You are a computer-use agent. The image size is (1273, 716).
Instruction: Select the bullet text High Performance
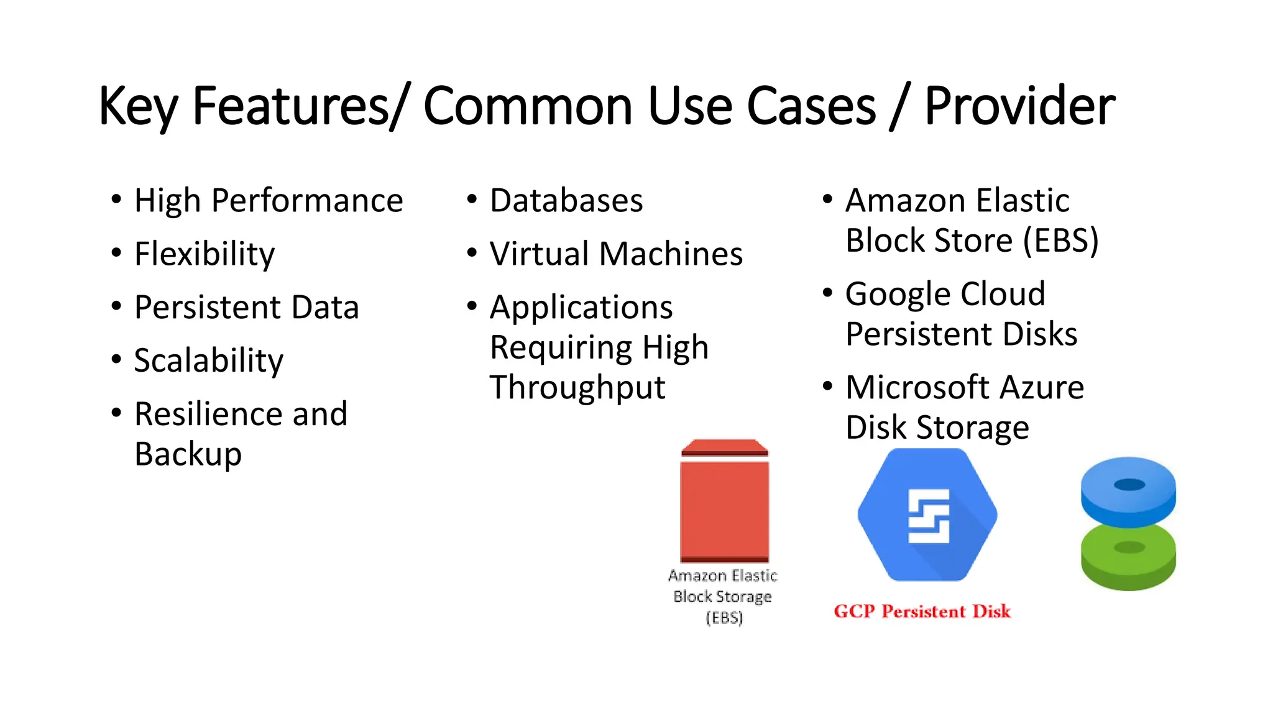click(269, 201)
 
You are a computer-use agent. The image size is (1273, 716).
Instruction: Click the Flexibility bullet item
click(205, 254)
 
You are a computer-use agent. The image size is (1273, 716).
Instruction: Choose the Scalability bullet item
click(209, 361)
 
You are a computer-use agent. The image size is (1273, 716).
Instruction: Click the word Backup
click(188, 454)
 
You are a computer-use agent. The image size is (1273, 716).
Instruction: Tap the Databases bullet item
click(566, 201)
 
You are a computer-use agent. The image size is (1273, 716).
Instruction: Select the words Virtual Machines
click(616, 254)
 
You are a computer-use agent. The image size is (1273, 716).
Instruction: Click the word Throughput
click(577, 388)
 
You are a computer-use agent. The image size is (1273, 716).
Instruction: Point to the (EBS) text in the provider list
click(1061, 241)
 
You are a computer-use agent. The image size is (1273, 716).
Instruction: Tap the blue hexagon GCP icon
click(927, 515)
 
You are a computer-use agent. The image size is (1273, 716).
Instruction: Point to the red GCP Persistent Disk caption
click(922, 612)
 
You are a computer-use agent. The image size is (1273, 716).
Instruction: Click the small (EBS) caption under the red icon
click(724, 618)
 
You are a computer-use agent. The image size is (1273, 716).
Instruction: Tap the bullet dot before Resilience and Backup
click(116, 413)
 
